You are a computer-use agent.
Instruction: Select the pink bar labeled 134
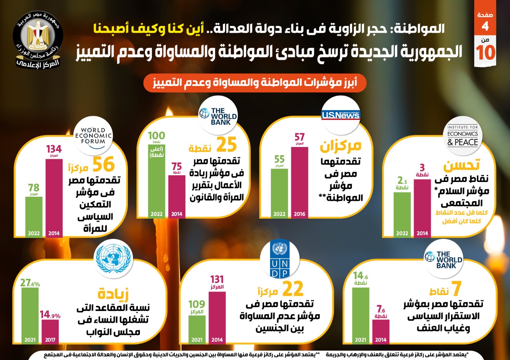pos(54,198)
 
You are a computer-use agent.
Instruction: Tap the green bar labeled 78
pos(34,217)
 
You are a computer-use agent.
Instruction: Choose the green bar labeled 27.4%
pos(30,315)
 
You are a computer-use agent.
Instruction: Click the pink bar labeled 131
pos(217,317)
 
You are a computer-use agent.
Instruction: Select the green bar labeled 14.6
pos(361,315)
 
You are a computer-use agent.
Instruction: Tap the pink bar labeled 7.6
pos(381,331)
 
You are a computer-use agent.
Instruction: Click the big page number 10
pos(486,53)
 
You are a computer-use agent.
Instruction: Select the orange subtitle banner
pos(255,84)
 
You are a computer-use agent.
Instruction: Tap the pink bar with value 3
pos(422,208)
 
